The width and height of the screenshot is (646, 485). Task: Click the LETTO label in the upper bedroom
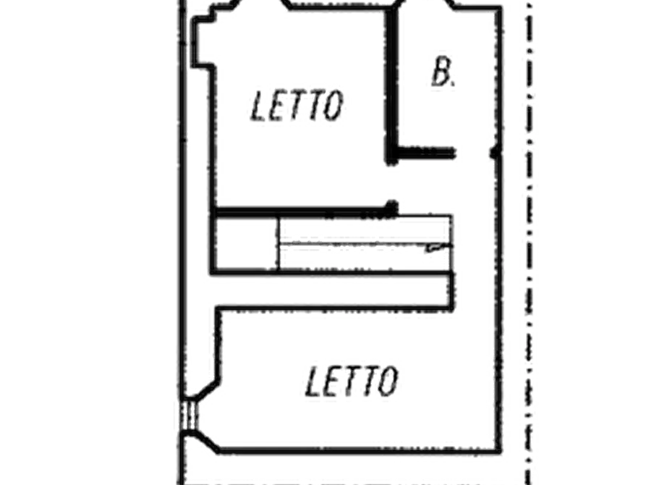pos(297,106)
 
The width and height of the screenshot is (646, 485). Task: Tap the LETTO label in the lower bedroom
pos(352,381)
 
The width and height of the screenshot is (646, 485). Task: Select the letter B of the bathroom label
pos(441,72)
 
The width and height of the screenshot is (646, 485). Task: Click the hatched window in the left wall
pos(189,415)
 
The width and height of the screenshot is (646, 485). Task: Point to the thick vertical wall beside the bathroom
pos(391,85)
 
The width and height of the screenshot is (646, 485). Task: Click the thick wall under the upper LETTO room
pos(304,212)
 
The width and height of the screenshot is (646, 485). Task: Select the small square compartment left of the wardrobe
pos(246,243)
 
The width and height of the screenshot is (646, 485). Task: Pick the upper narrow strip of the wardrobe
pos(365,229)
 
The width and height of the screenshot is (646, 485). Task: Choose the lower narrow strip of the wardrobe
pos(365,258)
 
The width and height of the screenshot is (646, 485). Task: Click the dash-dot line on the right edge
pos(529,242)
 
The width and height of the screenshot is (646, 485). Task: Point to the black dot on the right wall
pos(496,153)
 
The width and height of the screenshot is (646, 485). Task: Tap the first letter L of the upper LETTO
pos(259,106)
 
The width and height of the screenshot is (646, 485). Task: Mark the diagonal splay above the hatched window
pos(206,389)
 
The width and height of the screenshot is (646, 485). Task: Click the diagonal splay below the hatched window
pos(206,440)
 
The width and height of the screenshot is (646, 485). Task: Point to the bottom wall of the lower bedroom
pos(358,450)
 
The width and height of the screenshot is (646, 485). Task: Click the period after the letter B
pos(453,84)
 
